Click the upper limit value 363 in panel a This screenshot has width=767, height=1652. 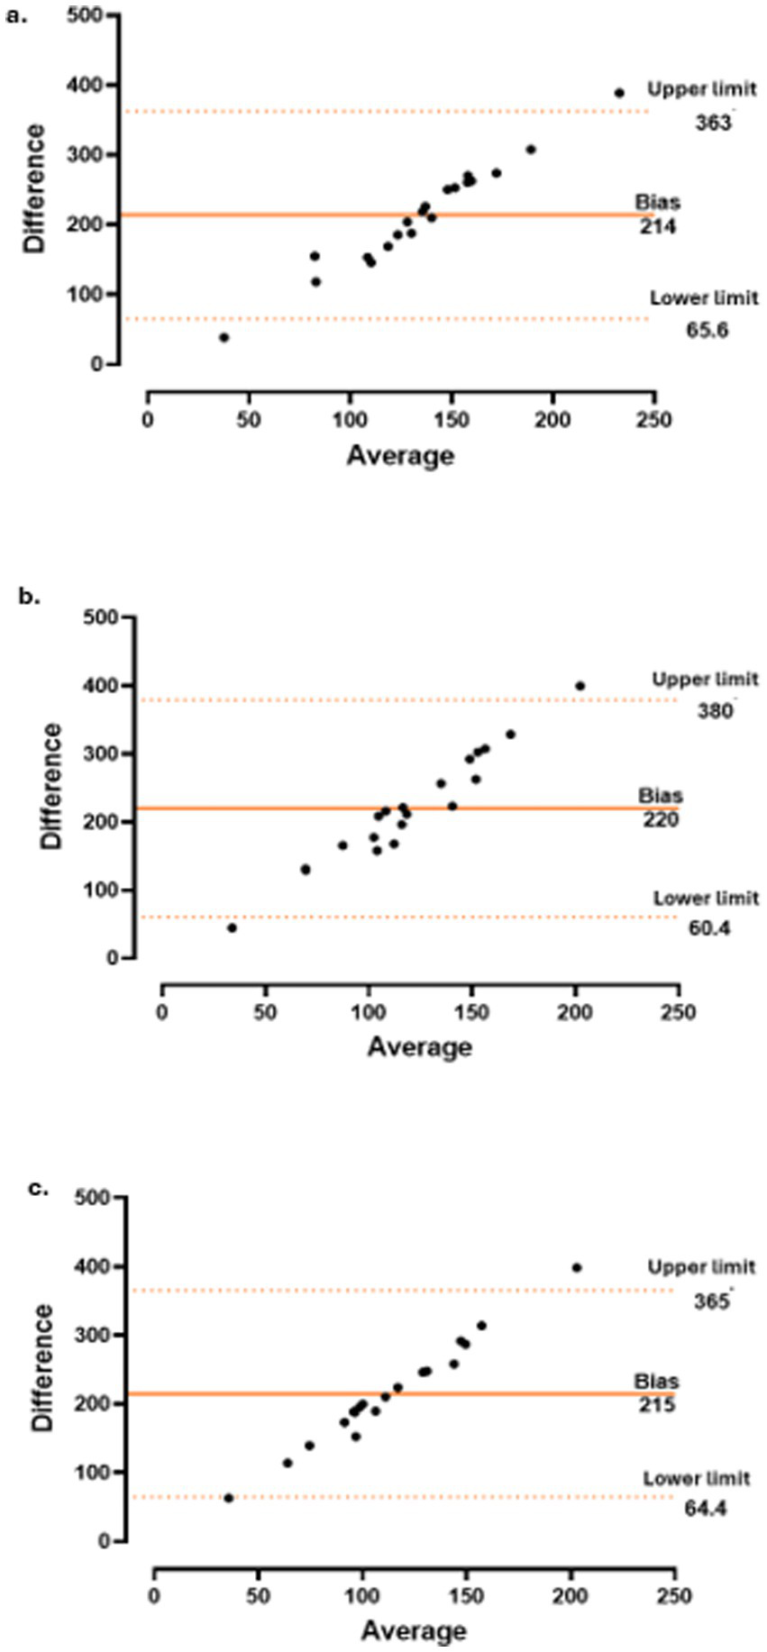[713, 123]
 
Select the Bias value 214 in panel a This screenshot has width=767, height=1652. [658, 226]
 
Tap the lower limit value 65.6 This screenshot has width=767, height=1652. [707, 330]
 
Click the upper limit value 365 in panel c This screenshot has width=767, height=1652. [712, 1301]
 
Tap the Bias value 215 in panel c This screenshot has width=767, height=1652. [656, 1404]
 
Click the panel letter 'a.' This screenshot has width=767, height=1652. [18, 15]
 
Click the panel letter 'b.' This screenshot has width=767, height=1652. [30, 596]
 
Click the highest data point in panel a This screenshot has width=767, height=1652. [619, 93]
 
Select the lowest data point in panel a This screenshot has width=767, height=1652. [224, 337]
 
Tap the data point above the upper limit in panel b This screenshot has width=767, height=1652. [580, 686]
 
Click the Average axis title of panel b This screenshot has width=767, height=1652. [419, 1046]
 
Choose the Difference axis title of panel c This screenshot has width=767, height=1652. [41, 1366]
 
